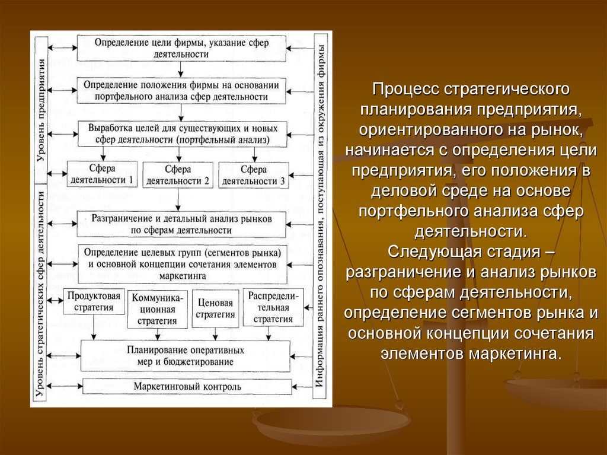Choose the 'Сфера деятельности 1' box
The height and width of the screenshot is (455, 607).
[x=102, y=174]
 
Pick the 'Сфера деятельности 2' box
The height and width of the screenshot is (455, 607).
[x=178, y=174]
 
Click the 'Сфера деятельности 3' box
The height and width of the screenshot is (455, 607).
[x=254, y=174]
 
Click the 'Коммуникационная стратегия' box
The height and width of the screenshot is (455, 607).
[x=158, y=308]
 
